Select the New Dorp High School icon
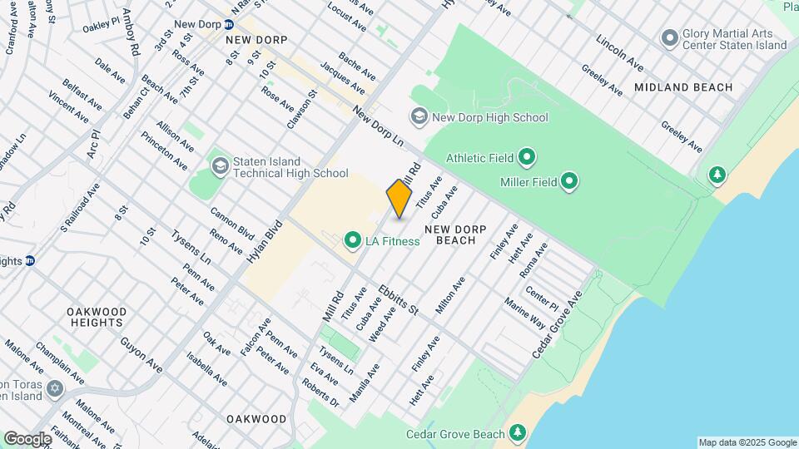(419, 117)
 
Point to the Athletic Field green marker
(527, 157)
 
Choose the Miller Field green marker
(569, 180)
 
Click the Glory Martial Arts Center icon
(669, 37)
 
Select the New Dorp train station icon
(228, 24)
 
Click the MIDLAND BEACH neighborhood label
(682, 87)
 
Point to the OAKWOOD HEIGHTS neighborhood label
(97, 318)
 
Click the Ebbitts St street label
(398, 299)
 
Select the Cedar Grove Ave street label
(555, 324)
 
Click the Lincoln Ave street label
(620, 52)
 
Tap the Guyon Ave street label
(141, 353)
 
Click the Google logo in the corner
(27, 438)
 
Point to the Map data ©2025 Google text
(747, 442)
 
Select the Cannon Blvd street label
(231, 220)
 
